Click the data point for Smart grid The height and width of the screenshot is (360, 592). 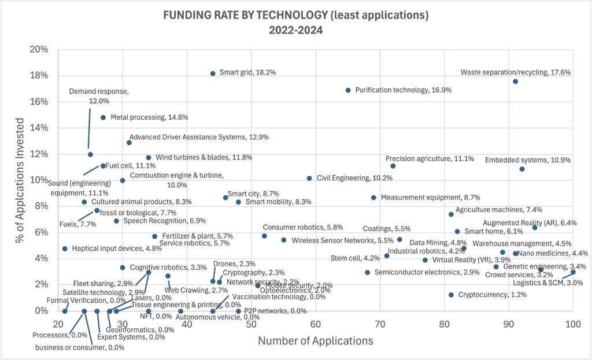click(213, 73)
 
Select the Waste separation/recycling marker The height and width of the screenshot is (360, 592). click(515, 81)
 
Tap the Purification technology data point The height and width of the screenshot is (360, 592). click(348, 90)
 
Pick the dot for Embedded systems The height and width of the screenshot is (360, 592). click(522, 169)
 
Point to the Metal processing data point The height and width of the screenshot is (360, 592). click(103, 117)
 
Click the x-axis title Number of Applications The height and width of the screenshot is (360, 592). click(315, 341)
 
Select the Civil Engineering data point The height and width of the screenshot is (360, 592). click(309, 178)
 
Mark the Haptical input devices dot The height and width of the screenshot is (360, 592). click(65, 248)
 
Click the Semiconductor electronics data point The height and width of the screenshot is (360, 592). click(367, 272)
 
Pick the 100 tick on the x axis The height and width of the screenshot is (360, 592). click(572, 324)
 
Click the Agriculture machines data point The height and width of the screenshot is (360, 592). click(451, 214)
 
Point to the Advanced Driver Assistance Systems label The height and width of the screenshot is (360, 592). click(202, 138)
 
